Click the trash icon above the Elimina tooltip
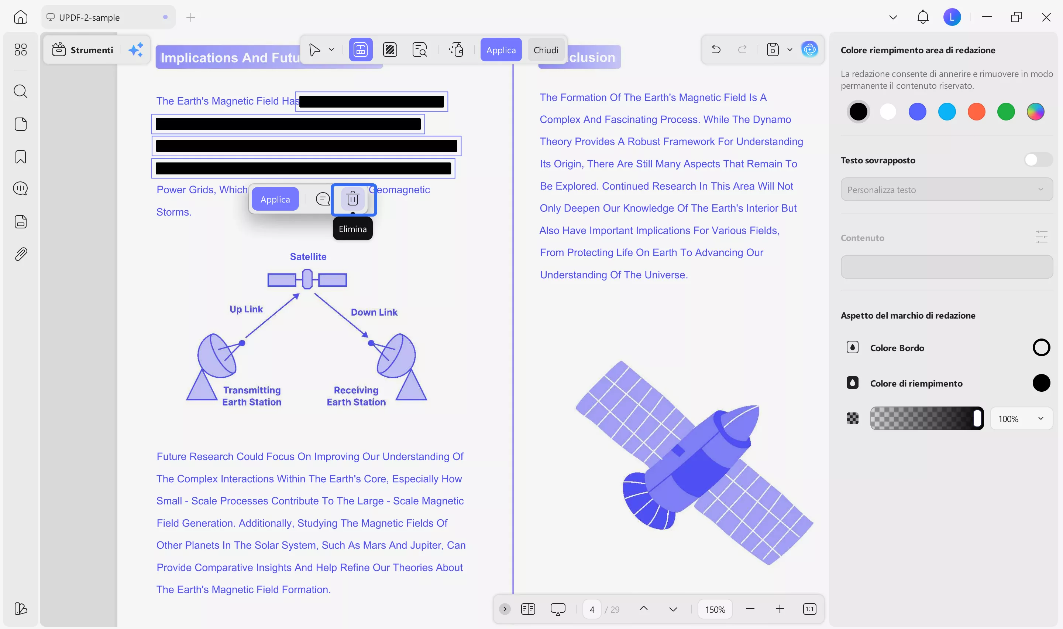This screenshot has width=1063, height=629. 352,199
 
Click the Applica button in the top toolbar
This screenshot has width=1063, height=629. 501,50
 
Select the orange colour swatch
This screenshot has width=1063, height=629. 976,112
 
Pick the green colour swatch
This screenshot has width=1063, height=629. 1006,112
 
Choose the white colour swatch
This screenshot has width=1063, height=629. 888,112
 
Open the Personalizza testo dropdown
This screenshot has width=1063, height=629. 946,190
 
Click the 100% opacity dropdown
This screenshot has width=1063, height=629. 1021,419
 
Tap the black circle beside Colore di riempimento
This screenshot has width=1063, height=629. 1040,383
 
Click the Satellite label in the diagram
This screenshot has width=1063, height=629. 308,256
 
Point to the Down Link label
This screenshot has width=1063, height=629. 374,312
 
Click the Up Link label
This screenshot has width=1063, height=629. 246,309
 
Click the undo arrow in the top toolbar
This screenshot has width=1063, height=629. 716,50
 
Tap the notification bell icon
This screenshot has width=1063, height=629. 922,17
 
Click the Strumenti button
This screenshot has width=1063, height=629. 83,50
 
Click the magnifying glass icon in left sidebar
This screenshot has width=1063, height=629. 20,91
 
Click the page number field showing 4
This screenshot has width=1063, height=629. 591,609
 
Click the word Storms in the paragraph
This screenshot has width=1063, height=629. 173,212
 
